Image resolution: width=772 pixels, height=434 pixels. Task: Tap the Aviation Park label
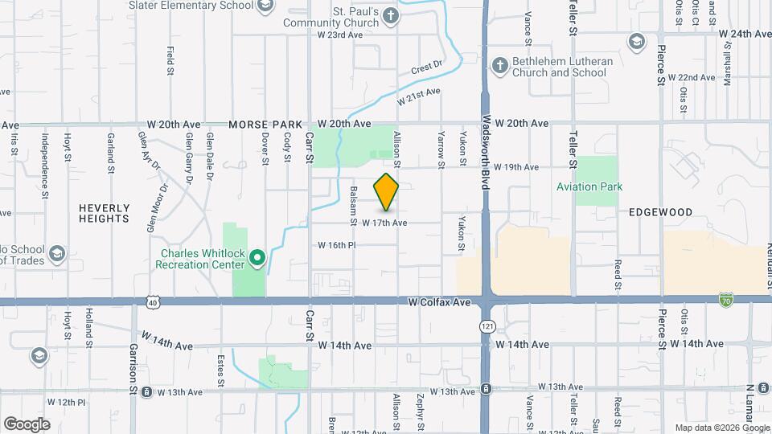pos(589,186)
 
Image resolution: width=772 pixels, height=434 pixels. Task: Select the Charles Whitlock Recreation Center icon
pos(257,258)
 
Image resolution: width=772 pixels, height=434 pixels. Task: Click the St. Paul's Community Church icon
pos(390,15)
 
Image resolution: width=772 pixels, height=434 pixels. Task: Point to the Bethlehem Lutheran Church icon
pos(499,66)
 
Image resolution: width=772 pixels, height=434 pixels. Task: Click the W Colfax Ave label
pos(438,303)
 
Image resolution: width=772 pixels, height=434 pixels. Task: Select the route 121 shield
pos(487,326)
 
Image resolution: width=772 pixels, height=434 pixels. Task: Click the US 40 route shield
pos(153,302)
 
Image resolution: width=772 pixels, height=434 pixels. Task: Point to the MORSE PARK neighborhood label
pos(265,125)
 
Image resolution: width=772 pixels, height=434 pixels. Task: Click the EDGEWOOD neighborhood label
pos(660,212)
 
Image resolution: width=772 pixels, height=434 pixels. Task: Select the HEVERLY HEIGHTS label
pos(104,213)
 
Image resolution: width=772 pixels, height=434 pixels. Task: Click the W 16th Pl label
pos(336,244)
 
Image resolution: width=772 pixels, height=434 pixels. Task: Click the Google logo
pos(27,424)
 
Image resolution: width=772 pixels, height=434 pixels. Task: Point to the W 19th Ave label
pos(515,167)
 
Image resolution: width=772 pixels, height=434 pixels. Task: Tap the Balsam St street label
pos(353,206)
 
